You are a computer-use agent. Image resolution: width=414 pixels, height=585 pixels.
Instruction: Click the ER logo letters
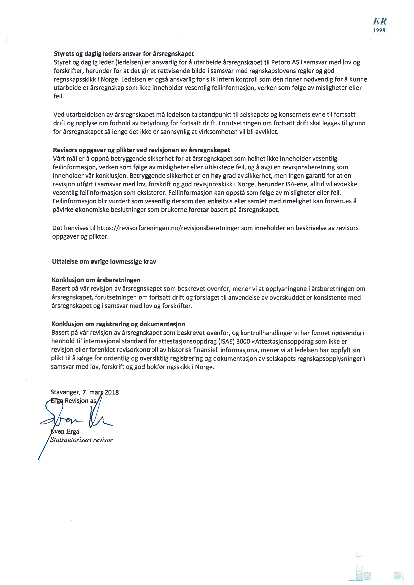[x=380, y=22]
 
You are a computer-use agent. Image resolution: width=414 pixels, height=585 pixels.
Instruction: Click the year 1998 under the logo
[x=379, y=30]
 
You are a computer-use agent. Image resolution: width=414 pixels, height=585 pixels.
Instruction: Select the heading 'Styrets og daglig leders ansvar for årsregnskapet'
[x=124, y=54]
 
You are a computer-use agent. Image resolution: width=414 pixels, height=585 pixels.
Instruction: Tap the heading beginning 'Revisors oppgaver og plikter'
[x=141, y=150]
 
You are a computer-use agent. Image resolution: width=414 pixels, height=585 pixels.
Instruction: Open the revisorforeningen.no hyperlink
[x=168, y=228]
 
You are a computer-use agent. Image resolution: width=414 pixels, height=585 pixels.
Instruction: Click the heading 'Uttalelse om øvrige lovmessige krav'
[x=104, y=262]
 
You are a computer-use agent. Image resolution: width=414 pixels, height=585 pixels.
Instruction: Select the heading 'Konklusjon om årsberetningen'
[x=96, y=280]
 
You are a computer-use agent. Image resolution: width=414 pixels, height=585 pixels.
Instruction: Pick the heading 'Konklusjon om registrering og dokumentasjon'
[x=118, y=324]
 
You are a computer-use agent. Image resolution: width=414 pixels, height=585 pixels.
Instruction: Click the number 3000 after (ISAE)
[x=243, y=341]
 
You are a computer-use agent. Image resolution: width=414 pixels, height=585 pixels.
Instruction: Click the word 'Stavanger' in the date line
[x=65, y=392]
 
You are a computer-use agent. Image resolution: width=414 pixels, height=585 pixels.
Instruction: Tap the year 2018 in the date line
[x=112, y=392]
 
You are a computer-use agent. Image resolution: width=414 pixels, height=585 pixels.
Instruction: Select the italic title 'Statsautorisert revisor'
[x=81, y=440]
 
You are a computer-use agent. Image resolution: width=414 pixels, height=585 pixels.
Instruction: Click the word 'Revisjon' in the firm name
[x=76, y=401]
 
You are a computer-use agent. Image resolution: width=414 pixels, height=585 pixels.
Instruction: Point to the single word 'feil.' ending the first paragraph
[x=59, y=96]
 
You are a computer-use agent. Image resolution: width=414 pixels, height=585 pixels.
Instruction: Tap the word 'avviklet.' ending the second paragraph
[x=266, y=132]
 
